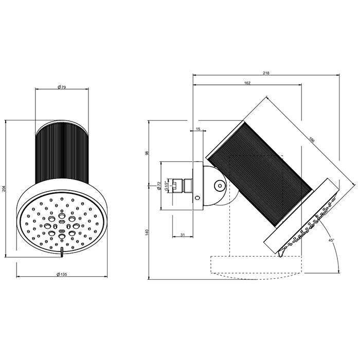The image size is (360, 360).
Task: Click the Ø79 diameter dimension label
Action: click(x=61, y=86)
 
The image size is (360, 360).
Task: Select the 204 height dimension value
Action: click(x=5, y=189)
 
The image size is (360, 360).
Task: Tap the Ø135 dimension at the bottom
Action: click(x=61, y=275)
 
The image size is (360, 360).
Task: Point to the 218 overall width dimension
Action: click(x=266, y=74)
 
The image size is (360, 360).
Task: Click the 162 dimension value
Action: click(x=247, y=83)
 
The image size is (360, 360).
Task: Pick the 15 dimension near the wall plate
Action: click(x=199, y=130)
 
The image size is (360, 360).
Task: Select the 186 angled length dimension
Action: click(x=312, y=139)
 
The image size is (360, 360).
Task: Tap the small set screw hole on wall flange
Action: click(x=197, y=198)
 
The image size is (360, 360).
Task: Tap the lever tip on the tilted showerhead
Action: click(x=281, y=255)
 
